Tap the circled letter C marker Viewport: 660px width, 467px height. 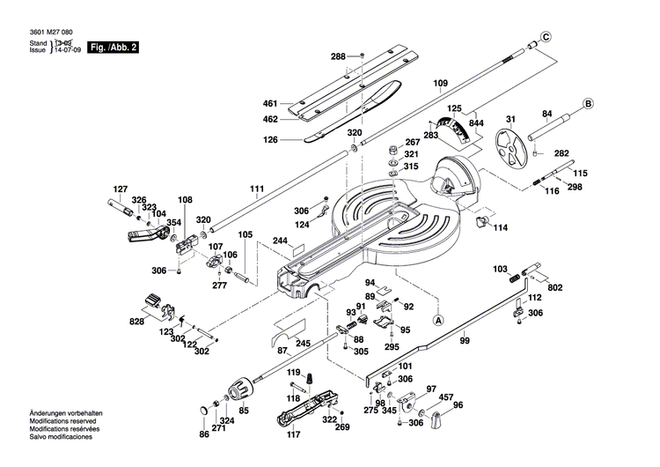(x=546, y=36)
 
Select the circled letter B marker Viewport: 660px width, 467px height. (x=585, y=104)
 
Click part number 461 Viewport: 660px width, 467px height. (x=270, y=103)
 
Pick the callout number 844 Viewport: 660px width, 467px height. (x=475, y=124)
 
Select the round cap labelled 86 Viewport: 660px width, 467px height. (x=206, y=410)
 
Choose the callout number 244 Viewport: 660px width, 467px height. (x=281, y=241)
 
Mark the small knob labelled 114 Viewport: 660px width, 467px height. (x=481, y=223)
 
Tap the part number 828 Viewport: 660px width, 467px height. (x=136, y=322)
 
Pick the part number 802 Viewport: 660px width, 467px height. (x=554, y=287)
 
